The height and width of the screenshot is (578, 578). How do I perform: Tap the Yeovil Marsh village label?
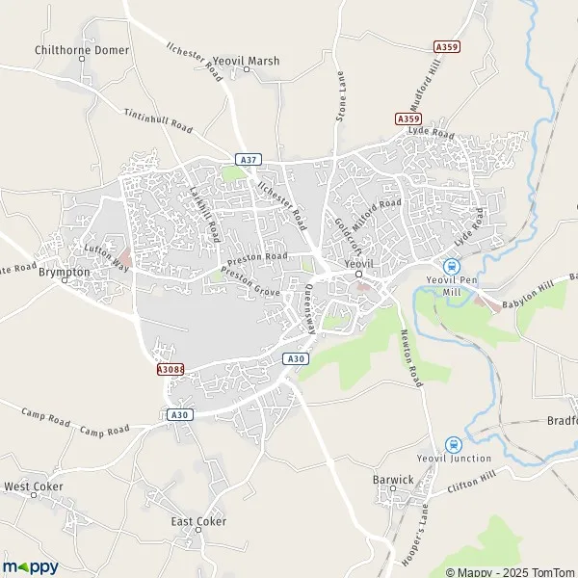[x=247, y=61]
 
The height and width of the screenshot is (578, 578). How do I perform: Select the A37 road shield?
[x=247, y=159]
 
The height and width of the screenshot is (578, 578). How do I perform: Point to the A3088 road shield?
[x=169, y=368]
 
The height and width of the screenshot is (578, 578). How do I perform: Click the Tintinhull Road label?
[x=158, y=121]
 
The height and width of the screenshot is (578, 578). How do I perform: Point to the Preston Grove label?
[x=250, y=281]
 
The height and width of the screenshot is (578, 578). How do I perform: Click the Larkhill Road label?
[x=205, y=213]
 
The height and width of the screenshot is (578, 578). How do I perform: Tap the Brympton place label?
[x=64, y=272]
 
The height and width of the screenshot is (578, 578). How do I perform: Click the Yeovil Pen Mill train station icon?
[x=449, y=266]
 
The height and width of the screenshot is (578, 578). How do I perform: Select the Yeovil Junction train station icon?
[x=454, y=443]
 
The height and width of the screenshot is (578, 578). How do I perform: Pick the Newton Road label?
[x=410, y=356]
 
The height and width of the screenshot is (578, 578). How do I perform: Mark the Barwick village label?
[x=393, y=478]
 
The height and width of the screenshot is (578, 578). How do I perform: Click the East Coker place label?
[x=198, y=521]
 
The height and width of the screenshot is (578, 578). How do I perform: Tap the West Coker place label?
[x=33, y=487]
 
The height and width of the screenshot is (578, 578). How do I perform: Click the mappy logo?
[x=31, y=566]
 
